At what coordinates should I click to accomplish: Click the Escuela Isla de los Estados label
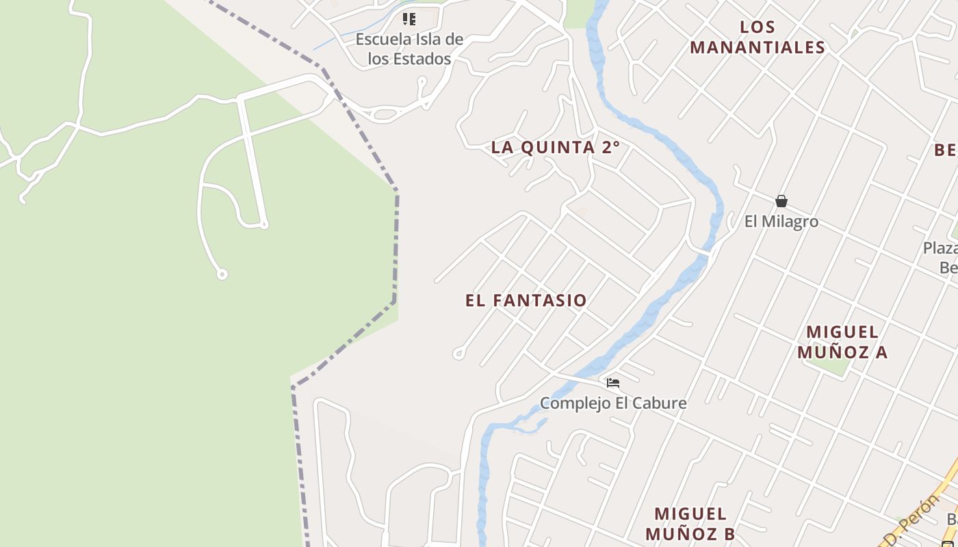pyautogui.click(x=409, y=49)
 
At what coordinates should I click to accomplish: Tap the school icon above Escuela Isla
pyautogui.click(x=409, y=19)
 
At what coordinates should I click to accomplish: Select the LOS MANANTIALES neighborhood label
pyautogui.click(x=758, y=38)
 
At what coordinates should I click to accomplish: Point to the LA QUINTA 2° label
pyautogui.click(x=556, y=147)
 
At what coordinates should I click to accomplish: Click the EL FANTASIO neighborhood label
pyautogui.click(x=526, y=300)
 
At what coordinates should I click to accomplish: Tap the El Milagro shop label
pyautogui.click(x=781, y=222)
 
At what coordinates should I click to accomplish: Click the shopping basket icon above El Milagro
pyautogui.click(x=781, y=201)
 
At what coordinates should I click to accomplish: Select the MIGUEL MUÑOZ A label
pyautogui.click(x=842, y=342)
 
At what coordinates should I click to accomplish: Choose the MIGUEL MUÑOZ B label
pyautogui.click(x=690, y=524)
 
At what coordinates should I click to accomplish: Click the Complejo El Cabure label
pyautogui.click(x=613, y=403)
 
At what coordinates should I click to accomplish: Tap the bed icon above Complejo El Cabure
pyautogui.click(x=613, y=383)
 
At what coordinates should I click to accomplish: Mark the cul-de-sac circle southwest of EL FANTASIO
pyautogui.click(x=458, y=353)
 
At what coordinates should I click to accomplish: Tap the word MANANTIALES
pyautogui.click(x=758, y=47)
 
